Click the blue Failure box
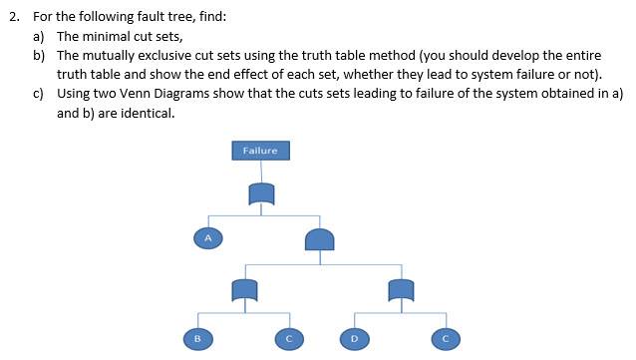point(261,151)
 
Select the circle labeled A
point(208,237)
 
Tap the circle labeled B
point(197,338)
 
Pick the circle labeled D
point(353,338)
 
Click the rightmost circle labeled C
point(446,338)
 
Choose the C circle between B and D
point(289,338)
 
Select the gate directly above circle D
point(400,289)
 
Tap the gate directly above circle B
point(244,289)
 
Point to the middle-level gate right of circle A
point(319,240)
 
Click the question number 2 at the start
point(12,17)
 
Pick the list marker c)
point(40,93)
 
